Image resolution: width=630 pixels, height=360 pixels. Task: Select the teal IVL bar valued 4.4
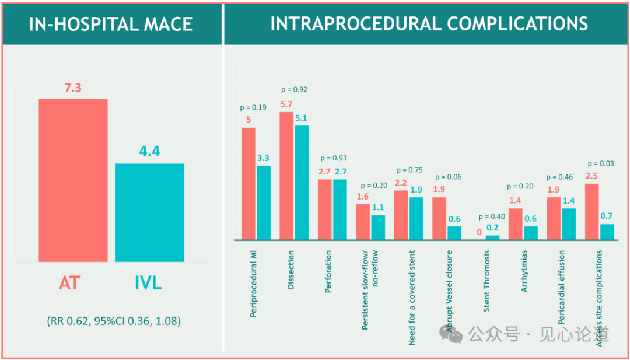(149, 212)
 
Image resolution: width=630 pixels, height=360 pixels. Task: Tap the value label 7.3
(73, 88)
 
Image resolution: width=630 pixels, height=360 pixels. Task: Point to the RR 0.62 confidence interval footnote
(113, 321)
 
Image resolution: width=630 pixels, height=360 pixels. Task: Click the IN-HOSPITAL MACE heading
(111, 24)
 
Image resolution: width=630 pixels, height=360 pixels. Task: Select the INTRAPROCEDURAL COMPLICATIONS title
(429, 24)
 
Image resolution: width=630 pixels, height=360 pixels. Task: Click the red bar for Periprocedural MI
(249, 183)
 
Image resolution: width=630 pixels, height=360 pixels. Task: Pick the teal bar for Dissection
(302, 182)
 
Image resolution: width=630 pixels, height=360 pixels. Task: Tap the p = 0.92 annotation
(294, 90)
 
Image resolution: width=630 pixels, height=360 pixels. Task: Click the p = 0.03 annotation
(601, 164)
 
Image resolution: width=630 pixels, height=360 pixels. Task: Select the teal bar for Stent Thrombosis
(493, 237)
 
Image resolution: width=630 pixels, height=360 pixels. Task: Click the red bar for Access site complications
(592, 211)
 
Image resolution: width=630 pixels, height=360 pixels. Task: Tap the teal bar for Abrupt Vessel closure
(454, 233)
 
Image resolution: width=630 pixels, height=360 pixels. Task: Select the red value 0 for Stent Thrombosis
(479, 232)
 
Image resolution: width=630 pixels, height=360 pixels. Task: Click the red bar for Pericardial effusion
(554, 218)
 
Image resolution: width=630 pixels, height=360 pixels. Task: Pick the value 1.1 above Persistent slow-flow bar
(378, 207)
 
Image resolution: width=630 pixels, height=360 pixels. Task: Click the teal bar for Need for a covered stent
(416, 218)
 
